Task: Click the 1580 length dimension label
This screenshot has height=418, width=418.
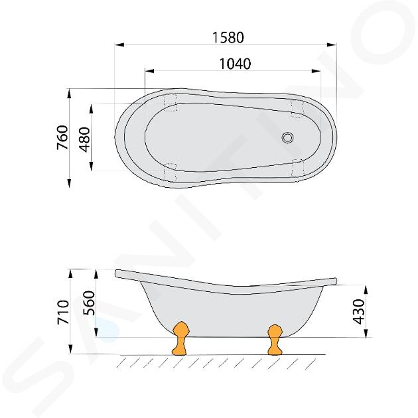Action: tap(228, 38)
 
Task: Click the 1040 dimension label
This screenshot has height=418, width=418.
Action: tap(235, 64)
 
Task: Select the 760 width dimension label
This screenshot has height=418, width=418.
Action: tap(63, 137)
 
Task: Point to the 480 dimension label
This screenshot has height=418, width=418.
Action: tap(86, 139)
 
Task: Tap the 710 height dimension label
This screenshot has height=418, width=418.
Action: tap(63, 312)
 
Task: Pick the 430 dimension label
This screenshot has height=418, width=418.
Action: tap(358, 311)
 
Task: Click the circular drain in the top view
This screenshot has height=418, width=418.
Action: tap(288, 137)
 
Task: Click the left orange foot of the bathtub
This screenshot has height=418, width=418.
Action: tap(180, 338)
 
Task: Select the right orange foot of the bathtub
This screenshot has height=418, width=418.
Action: tap(275, 340)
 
